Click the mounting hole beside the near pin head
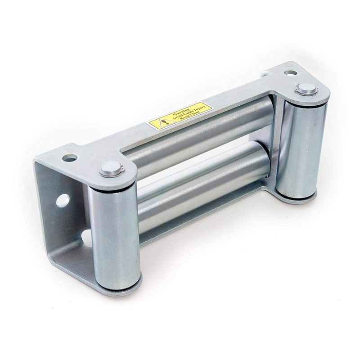(x=70, y=158)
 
